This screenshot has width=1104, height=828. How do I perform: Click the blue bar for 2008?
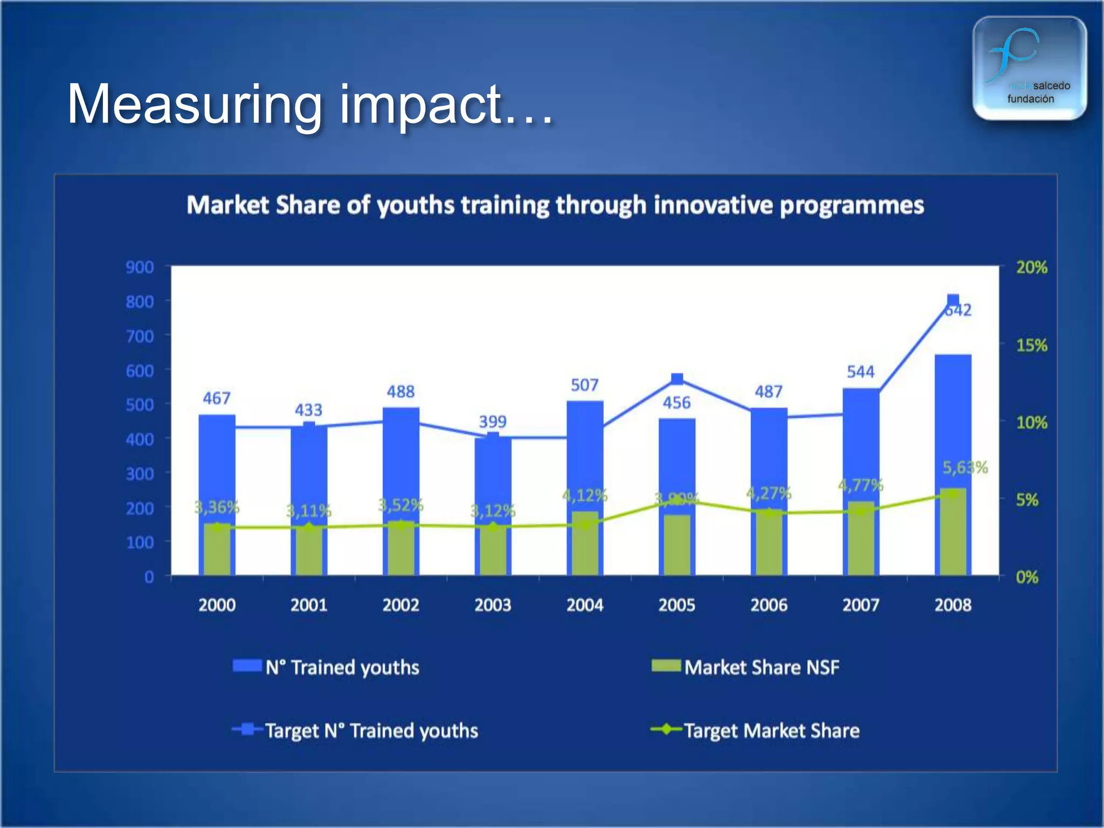[953, 420]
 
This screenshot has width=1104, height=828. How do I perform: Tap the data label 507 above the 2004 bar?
[584, 385]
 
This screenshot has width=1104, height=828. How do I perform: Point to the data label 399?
[493, 422]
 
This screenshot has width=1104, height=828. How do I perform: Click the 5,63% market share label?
[964, 467]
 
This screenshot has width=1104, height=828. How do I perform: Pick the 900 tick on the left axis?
[140, 267]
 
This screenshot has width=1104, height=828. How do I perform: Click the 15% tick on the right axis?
[1031, 345]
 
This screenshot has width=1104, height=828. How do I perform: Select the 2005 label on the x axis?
[677, 605]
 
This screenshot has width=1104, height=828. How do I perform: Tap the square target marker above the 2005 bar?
[677, 379]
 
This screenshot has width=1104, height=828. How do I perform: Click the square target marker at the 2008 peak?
[953, 300]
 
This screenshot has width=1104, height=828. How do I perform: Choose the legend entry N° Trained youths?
[342, 667]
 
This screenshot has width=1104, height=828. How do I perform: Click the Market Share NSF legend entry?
[761, 667]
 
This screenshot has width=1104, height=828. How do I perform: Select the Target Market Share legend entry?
[771, 730]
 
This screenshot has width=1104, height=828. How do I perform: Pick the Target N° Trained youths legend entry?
[371, 730]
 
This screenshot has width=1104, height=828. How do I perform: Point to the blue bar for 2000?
[217, 464]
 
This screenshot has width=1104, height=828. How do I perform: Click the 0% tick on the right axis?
[1026, 577]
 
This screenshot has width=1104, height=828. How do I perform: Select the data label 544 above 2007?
[860, 371]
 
